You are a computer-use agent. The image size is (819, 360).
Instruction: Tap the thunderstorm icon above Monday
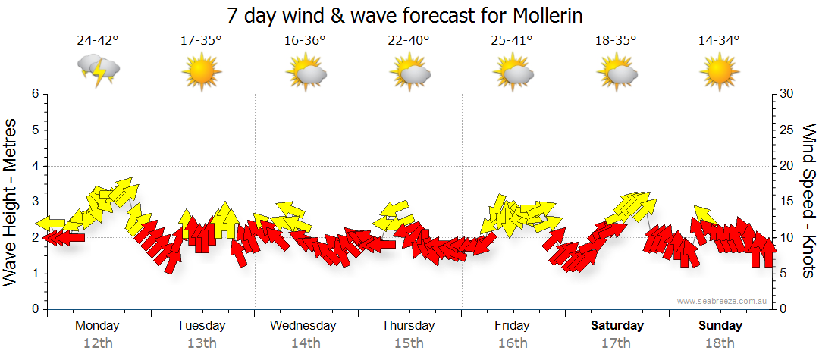pyautogui.click(x=99, y=71)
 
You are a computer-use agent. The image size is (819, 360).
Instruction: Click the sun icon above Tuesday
pyautogui.click(x=201, y=73)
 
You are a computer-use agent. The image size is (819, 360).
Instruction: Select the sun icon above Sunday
pyautogui.click(x=719, y=73)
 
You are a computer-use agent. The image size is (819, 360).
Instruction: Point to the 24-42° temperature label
pyautogui.click(x=98, y=41)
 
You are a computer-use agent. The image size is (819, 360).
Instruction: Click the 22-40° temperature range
pyautogui.click(x=409, y=41)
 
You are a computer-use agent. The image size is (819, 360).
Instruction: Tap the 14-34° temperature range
pyautogui.click(x=719, y=41)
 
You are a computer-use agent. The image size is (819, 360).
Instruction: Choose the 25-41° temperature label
pyautogui.click(x=512, y=41)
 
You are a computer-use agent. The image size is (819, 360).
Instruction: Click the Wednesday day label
pyautogui.click(x=303, y=326)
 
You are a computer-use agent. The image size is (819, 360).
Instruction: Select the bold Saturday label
pyautogui.click(x=617, y=326)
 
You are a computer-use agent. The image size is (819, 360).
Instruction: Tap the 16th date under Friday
pyautogui.click(x=513, y=343)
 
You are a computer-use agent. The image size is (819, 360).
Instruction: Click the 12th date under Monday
pyautogui.click(x=98, y=343)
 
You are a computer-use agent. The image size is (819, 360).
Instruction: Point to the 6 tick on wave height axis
pyautogui.click(x=35, y=94)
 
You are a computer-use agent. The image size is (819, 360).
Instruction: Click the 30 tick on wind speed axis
pyautogui.click(x=787, y=94)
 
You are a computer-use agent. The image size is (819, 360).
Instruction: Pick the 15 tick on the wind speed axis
pyautogui.click(x=787, y=202)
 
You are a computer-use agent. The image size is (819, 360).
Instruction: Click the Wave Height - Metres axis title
pyautogui.click(x=12, y=201)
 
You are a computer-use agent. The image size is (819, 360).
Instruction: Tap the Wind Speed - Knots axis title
pyautogui.click(x=808, y=201)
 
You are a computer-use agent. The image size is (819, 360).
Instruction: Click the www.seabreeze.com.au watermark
pyautogui.click(x=723, y=301)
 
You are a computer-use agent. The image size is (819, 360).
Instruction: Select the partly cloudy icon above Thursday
pyautogui.click(x=410, y=73)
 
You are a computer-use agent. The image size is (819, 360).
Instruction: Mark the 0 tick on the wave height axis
pyautogui.click(x=35, y=309)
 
